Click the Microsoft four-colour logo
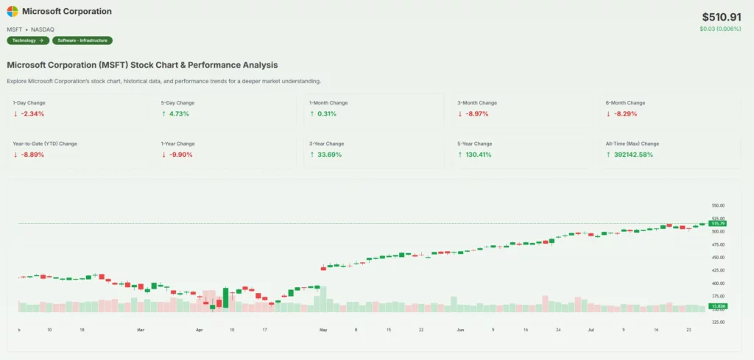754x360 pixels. pyautogui.click(x=13, y=12)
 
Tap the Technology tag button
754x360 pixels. pyautogui.click(x=28, y=40)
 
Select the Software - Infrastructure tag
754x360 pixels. pyautogui.click(x=82, y=40)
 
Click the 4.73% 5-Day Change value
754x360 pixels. pyautogui.click(x=178, y=114)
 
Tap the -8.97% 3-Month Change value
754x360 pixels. pyautogui.click(x=476, y=114)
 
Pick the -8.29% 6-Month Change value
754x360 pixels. pyautogui.click(x=624, y=114)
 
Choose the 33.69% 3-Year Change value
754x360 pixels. pyautogui.click(x=328, y=155)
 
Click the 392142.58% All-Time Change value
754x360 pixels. pyautogui.click(x=633, y=155)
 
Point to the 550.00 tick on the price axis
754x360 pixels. pyautogui.click(x=718, y=205)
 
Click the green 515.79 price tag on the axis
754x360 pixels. pyautogui.click(x=717, y=223)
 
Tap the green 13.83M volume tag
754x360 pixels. pyautogui.click(x=717, y=306)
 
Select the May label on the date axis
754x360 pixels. pyautogui.click(x=323, y=331)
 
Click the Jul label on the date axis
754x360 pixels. pyautogui.click(x=590, y=331)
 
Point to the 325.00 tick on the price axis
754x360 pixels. pyautogui.click(x=718, y=322)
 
